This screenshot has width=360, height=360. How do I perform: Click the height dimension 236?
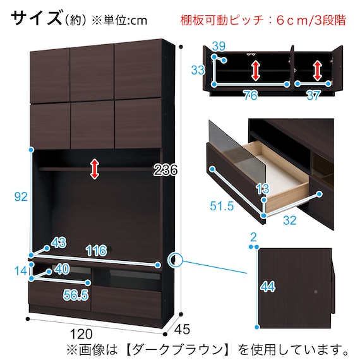click(x=165, y=171)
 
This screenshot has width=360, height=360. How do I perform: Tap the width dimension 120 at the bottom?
click(x=81, y=334)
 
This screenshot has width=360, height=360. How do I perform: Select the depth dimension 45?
click(x=182, y=329)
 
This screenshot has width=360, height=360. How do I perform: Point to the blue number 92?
click(x=21, y=197)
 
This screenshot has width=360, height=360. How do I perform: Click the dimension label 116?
click(x=96, y=251)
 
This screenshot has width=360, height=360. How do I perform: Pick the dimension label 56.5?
click(x=76, y=295)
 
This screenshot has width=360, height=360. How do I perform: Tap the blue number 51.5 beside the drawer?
click(x=222, y=206)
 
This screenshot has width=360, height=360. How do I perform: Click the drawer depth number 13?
click(x=263, y=189)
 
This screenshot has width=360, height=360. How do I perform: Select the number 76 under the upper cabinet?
click(x=251, y=95)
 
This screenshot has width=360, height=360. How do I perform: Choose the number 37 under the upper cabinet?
click(x=314, y=95)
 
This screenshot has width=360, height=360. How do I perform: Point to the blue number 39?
click(x=219, y=46)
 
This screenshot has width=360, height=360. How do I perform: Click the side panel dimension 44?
click(x=268, y=287)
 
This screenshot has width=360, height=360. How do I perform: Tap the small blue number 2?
click(x=253, y=237)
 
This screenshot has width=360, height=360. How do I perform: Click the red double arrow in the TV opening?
click(x=95, y=169)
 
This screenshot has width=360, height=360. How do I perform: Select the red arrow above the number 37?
click(x=317, y=70)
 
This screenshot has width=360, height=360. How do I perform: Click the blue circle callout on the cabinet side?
click(x=175, y=260)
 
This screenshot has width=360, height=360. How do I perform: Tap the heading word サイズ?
click(x=37, y=18)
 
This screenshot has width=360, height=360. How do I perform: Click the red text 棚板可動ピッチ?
click(x=222, y=20)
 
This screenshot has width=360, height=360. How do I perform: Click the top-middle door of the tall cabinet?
click(x=92, y=73)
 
